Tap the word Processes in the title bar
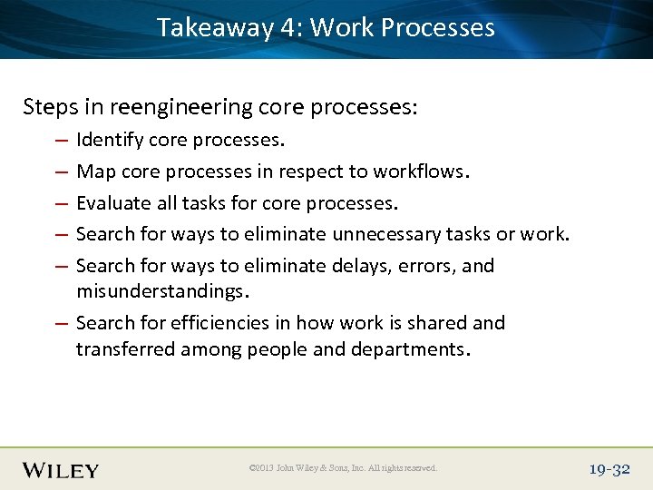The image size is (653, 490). point(438,27)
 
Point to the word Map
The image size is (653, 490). point(93,171)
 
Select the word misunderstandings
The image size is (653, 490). point(161,291)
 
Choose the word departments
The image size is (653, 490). point(413,349)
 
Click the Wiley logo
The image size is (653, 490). point(61,470)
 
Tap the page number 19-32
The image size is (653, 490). point(609,469)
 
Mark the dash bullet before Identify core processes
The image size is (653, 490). point(59,141)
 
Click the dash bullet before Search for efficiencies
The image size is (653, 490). point(59,324)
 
